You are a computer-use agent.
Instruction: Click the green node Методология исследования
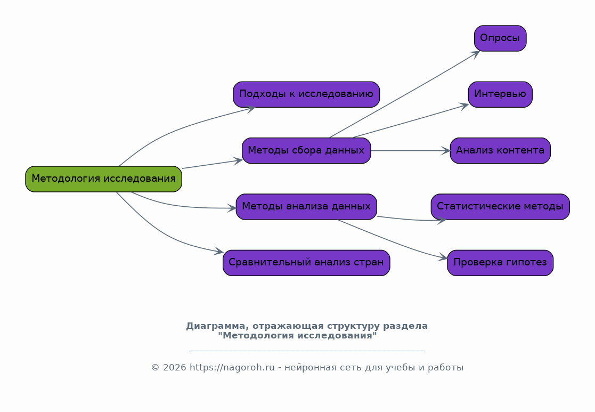(x=103, y=179)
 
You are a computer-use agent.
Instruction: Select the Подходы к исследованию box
(x=306, y=94)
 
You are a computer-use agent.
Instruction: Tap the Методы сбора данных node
(x=306, y=151)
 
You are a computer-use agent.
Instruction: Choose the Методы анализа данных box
(x=306, y=207)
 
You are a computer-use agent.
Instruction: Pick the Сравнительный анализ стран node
(x=306, y=263)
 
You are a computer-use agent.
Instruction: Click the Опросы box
(x=500, y=38)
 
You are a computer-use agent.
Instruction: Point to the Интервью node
(x=500, y=94)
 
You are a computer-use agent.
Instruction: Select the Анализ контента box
(x=500, y=151)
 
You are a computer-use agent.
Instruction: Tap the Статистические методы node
(x=500, y=207)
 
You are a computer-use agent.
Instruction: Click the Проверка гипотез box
(x=500, y=263)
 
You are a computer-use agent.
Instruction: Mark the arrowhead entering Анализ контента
(x=446, y=151)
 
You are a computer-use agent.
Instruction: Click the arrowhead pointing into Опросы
(x=476, y=54)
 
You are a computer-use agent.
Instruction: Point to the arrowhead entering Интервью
(x=464, y=106)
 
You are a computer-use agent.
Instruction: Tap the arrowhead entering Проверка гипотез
(x=443, y=257)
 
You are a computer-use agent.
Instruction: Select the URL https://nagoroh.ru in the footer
(x=232, y=368)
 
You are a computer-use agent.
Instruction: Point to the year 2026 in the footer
(x=175, y=368)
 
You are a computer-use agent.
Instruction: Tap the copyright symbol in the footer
(x=155, y=368)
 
